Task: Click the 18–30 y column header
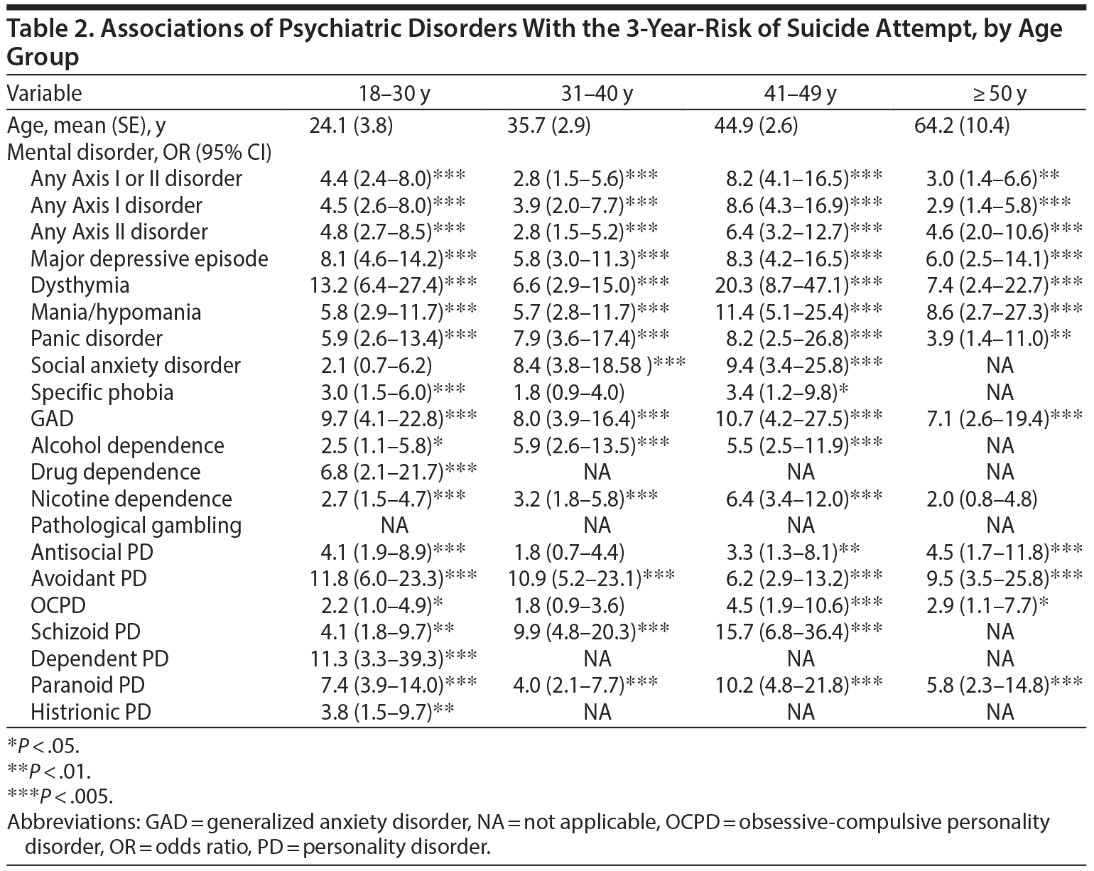click(x=395, y=94)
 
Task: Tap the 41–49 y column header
click(x=801, y=94)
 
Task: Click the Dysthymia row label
click(x=80, y=286)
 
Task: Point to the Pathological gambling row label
click(x=136, y=526)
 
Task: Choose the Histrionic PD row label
click(x=91, y=712)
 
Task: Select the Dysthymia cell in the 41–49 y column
click(x=799, y=286)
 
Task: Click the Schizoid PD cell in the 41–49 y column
click(x=799, y=632)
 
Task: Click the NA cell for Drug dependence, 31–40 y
click(x=597, y=472)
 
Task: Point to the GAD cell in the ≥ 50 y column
click(x=999, y=419)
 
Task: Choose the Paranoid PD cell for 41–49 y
click(x=799, y=686)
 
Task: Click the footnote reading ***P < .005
click(x=60, y=795)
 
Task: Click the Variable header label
click(x=44, y=94)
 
